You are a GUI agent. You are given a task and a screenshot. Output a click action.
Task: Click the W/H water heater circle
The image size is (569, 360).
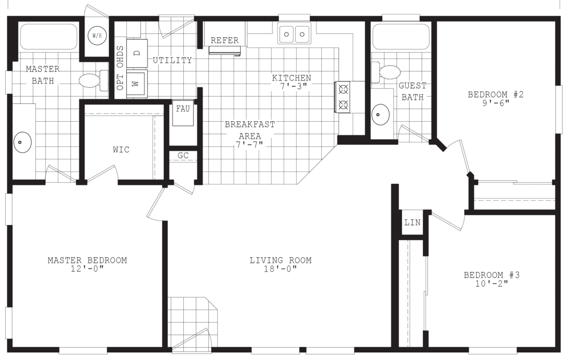[x=96, y=35]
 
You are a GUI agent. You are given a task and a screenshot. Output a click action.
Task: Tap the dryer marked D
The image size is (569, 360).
[x=136, y=52]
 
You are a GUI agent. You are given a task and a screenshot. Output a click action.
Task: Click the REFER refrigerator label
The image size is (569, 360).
[x=224, y=41]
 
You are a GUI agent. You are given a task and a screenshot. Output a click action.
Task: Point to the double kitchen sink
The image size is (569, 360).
[x=294, y=35]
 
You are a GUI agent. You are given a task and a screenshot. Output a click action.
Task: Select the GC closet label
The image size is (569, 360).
[x=183, y=156]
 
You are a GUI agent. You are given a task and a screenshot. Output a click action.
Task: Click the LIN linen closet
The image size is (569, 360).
[x=412, y=223]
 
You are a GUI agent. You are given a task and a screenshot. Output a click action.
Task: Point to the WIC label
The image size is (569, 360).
[x=121, y=150]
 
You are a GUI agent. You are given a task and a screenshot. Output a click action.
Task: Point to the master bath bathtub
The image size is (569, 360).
[x=48, y=36]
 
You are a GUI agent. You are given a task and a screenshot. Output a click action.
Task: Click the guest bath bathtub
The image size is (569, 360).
[x=401, y=36]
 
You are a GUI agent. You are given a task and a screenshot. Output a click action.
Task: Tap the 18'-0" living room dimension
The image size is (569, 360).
[x=280, y=269]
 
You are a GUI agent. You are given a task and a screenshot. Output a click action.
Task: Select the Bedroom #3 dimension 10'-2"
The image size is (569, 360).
[x=491, y=284]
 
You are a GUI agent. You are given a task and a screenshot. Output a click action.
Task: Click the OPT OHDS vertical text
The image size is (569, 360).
[x=120, y=68]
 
